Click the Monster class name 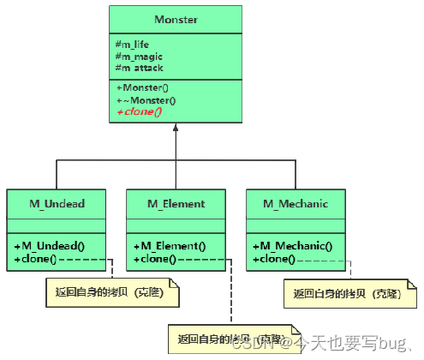point(175,19)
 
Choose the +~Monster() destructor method point(144,99)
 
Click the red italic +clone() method point(139,111)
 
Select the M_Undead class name point(57,204)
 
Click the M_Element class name point(176,204)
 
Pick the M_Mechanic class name point(295,204)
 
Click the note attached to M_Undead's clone point(112,293)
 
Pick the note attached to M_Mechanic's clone point(350,293)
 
